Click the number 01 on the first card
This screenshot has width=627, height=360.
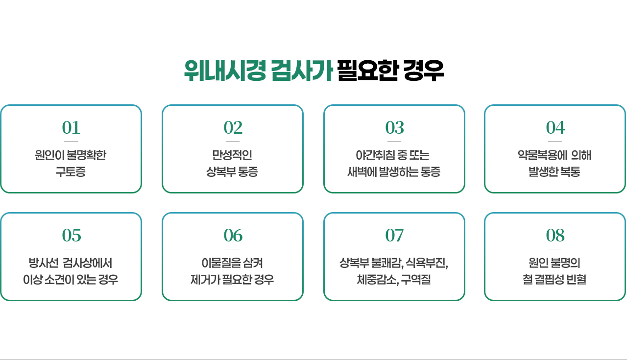[x=71, y=128]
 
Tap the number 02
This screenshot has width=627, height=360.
[x=233, y=128]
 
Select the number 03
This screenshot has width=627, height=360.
[x=394, y=128]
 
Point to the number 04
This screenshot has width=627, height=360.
[x=555, y=128]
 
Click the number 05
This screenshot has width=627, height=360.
[x=71, y=236]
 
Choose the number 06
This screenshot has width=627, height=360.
[x=233, y=236]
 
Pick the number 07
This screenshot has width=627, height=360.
[x=394, y=236]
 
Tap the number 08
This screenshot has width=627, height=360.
[x=555, y=236]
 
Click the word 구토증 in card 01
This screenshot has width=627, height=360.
[x=71, y=172]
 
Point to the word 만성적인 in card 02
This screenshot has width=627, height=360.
[x=232, y=156]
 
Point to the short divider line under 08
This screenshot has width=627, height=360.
[x=555, y=249]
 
